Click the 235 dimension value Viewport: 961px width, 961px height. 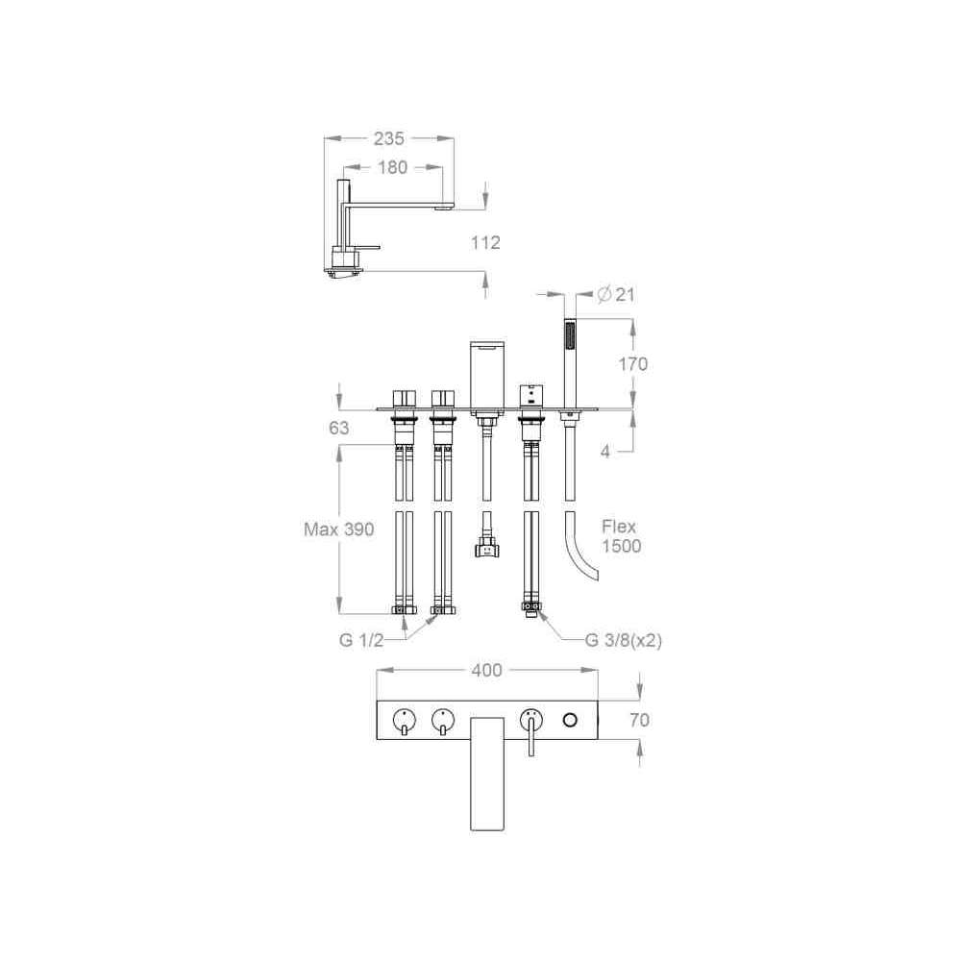[388, 138]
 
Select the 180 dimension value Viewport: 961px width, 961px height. [392, 167]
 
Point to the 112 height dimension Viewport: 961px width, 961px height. [485, 243]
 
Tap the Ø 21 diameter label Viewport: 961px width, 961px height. [616, 295]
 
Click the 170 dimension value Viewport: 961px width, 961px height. [632, 364]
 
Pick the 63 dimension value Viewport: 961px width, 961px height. [339, 428]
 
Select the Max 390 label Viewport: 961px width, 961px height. [339, 529]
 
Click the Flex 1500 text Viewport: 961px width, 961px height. [621, 536]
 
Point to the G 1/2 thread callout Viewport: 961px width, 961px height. [361, 640]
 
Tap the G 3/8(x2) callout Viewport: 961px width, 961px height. [624, 640]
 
